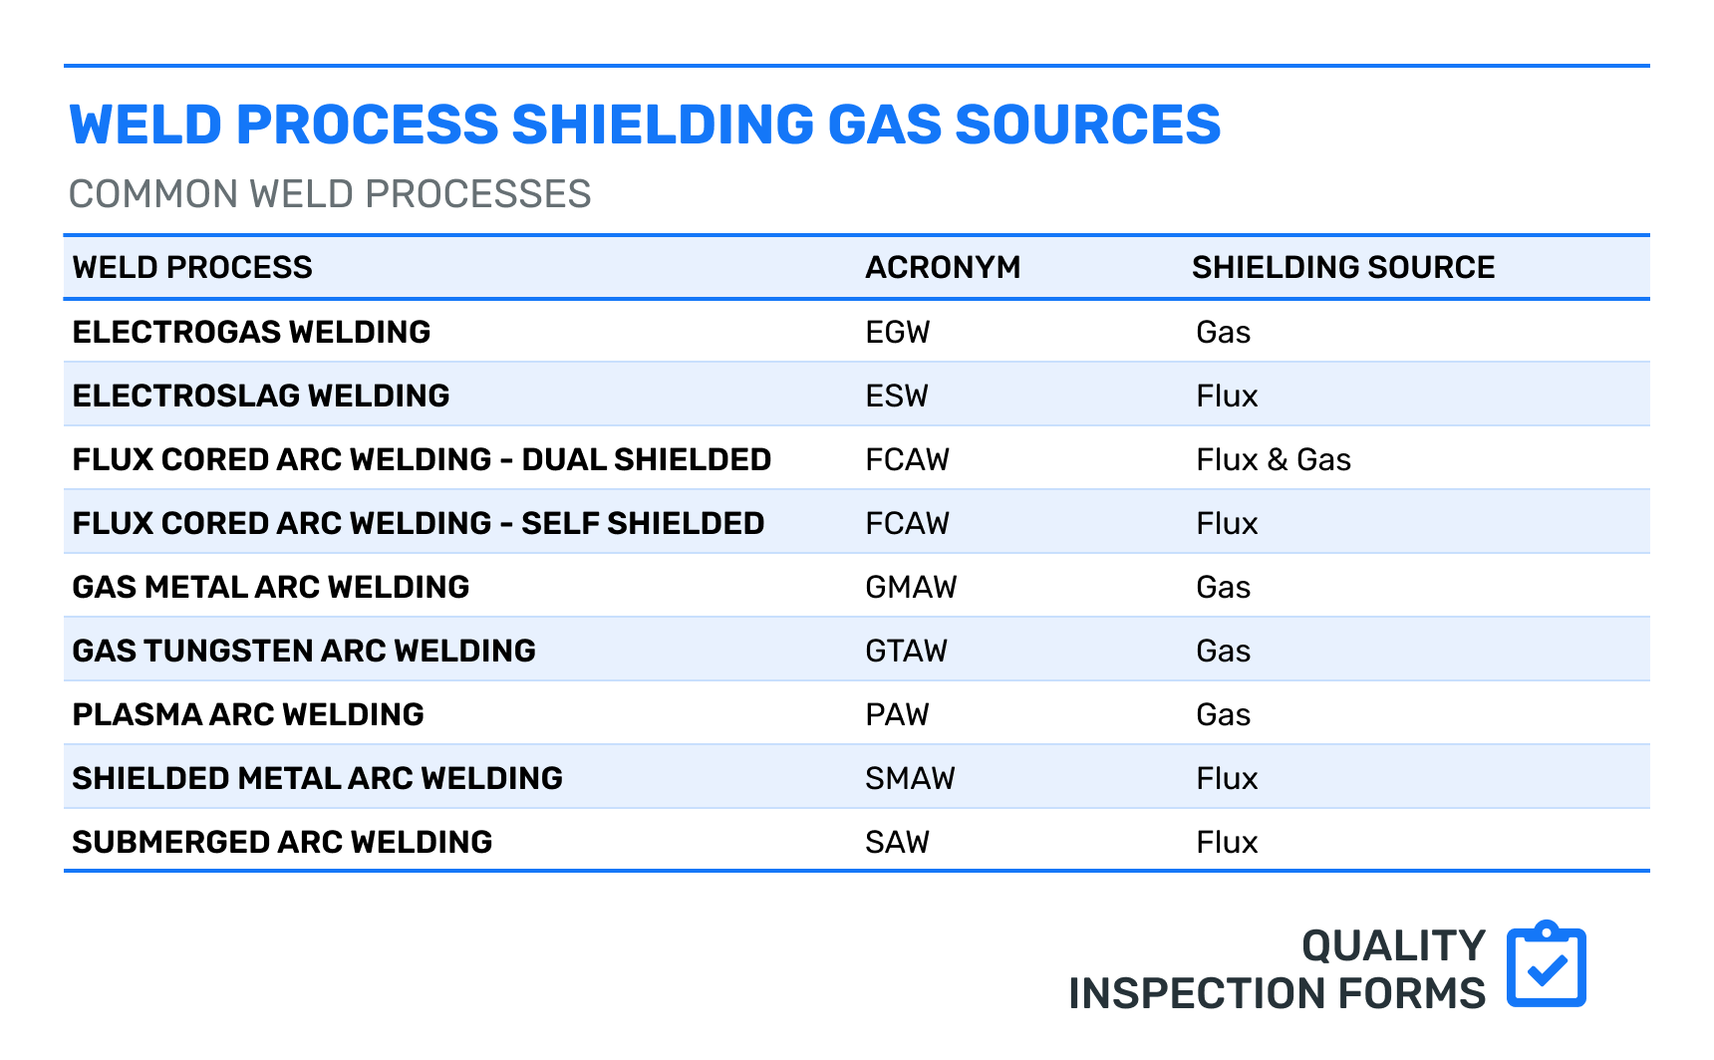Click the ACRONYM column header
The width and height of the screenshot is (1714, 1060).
pos(942,267)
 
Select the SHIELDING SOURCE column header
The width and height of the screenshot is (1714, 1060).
pos(1342,267)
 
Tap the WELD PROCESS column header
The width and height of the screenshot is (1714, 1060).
pos(192,267)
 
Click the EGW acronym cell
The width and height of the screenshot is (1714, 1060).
pos(897,332)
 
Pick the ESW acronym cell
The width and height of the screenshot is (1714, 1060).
pos(896,396)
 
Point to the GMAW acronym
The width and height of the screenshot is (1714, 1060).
pos(910,587)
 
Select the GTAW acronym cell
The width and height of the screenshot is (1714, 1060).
pos(906,651)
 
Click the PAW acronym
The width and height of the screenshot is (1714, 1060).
pos(896,714)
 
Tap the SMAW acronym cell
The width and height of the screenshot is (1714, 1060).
pos(909,778)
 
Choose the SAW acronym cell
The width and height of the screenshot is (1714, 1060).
pos(896,842)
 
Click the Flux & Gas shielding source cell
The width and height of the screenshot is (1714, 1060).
pos(1273,459)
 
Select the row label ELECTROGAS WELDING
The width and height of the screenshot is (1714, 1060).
pos(251,332)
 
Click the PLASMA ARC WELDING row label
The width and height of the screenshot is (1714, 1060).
pos(248,714)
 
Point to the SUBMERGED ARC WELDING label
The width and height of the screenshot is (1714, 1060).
pos(282,842)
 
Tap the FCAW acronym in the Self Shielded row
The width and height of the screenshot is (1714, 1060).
pos(907,523)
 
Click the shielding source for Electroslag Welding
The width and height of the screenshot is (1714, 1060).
pos(1226,396)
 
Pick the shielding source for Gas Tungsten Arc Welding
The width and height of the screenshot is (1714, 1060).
pos(1223,651)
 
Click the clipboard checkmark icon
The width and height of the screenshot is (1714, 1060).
pos(1546,964)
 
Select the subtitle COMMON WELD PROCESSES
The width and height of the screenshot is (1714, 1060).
pos(330,194)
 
